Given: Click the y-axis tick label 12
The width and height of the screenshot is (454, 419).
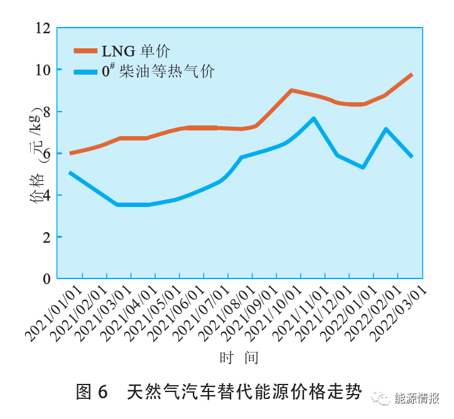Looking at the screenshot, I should [x=43, y=28].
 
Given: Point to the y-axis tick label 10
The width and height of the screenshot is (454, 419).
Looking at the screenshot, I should [x=43, y=70].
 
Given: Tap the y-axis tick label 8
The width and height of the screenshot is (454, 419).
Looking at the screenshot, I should [x=46, y=112].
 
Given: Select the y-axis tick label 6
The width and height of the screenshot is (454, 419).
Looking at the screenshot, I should [x=46, y=153].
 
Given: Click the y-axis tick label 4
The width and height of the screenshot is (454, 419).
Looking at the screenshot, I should [x=46, y=195].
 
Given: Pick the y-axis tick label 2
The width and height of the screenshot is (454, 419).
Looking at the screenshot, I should [x=46, y=237].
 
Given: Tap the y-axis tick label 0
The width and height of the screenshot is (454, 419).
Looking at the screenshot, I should [x=46, y=278].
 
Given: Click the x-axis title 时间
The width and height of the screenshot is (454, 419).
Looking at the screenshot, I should [x=239, y=358].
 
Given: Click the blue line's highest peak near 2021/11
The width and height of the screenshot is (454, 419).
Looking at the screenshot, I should [x=313, y=118].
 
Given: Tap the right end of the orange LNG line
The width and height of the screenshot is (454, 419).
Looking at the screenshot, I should [x=412, y=75].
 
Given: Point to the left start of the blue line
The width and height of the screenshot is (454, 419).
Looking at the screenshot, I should [x=70, y=172].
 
